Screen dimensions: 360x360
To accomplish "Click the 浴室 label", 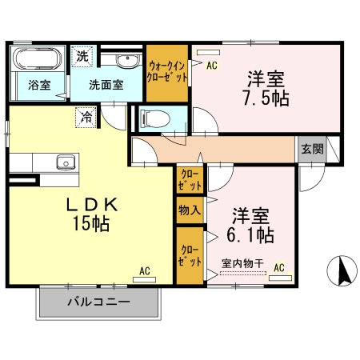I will (38, 84).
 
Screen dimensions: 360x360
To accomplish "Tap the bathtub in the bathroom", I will (38, 60).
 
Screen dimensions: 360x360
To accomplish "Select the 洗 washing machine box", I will (82, 57).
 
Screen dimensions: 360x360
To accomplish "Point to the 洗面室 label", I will (106, 84).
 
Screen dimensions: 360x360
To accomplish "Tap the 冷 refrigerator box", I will (86, 117).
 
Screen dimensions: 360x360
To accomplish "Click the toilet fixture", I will (155, 119).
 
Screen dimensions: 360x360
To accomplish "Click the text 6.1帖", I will (253, 235).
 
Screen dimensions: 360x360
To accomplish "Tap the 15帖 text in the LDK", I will (89, 223).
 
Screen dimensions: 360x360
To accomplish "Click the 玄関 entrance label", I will (312, 148).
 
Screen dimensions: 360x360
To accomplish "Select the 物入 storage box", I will (189, 211).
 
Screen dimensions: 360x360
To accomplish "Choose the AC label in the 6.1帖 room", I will (279, 266).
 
